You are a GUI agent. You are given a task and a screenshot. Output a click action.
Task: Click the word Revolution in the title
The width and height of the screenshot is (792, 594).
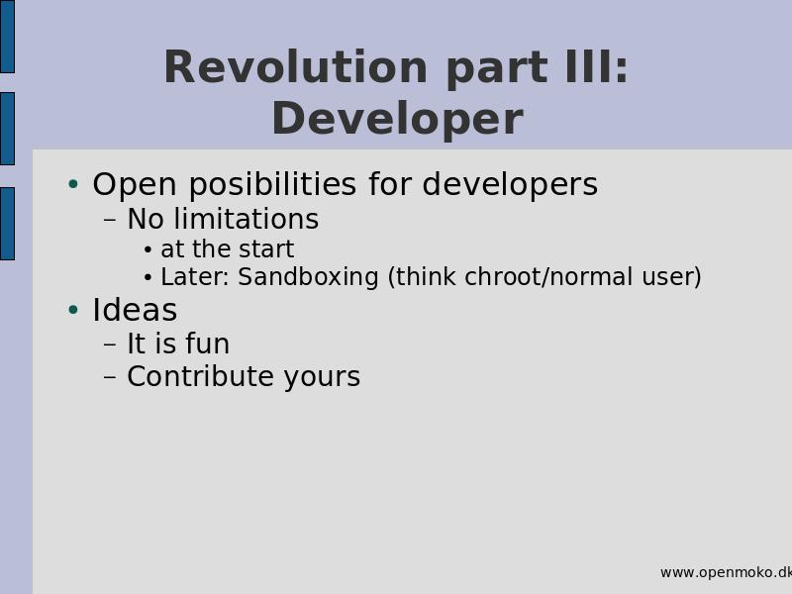[x=295, y=67]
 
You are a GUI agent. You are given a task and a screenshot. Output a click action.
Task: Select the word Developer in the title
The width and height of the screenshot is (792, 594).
[x=398, y=119]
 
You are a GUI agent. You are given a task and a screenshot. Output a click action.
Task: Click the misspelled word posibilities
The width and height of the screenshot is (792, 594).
[x=273, y=184]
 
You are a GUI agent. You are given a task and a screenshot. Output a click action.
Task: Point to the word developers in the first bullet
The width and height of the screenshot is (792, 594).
[x=510, y=184]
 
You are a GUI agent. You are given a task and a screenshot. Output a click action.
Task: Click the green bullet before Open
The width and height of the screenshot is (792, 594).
[x=73, y=184]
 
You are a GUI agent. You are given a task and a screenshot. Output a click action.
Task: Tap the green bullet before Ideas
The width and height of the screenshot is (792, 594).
[x=73, y=309]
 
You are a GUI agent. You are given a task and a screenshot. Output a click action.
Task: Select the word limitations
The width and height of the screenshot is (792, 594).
[x=246, y=219]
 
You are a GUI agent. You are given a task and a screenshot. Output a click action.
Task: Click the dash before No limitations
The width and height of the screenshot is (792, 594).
[x=110, y=220]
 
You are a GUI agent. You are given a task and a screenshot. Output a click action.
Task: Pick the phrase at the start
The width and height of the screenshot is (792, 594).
[x=228, y=248]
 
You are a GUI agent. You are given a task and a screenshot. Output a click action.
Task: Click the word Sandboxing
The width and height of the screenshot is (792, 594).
[x=308, y=277]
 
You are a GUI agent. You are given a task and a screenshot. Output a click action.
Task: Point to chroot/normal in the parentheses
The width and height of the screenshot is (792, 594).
[x=548, y=276]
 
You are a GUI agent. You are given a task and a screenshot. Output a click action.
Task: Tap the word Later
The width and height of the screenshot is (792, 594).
[x=195, y=277]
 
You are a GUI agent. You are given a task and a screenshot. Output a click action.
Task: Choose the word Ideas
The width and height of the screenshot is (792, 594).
[x=135, y=310]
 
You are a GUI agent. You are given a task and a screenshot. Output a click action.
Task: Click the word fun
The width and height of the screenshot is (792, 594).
[x=208, y=344]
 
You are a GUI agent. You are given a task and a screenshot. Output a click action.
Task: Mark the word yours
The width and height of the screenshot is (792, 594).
[x=322, y=378]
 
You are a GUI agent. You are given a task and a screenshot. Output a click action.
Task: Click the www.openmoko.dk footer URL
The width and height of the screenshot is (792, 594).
[x=726, y=572]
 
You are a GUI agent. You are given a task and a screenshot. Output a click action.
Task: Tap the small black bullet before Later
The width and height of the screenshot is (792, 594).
[x=148, y=277]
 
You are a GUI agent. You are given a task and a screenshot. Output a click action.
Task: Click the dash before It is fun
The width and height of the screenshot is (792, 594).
[x=110, y=345]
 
